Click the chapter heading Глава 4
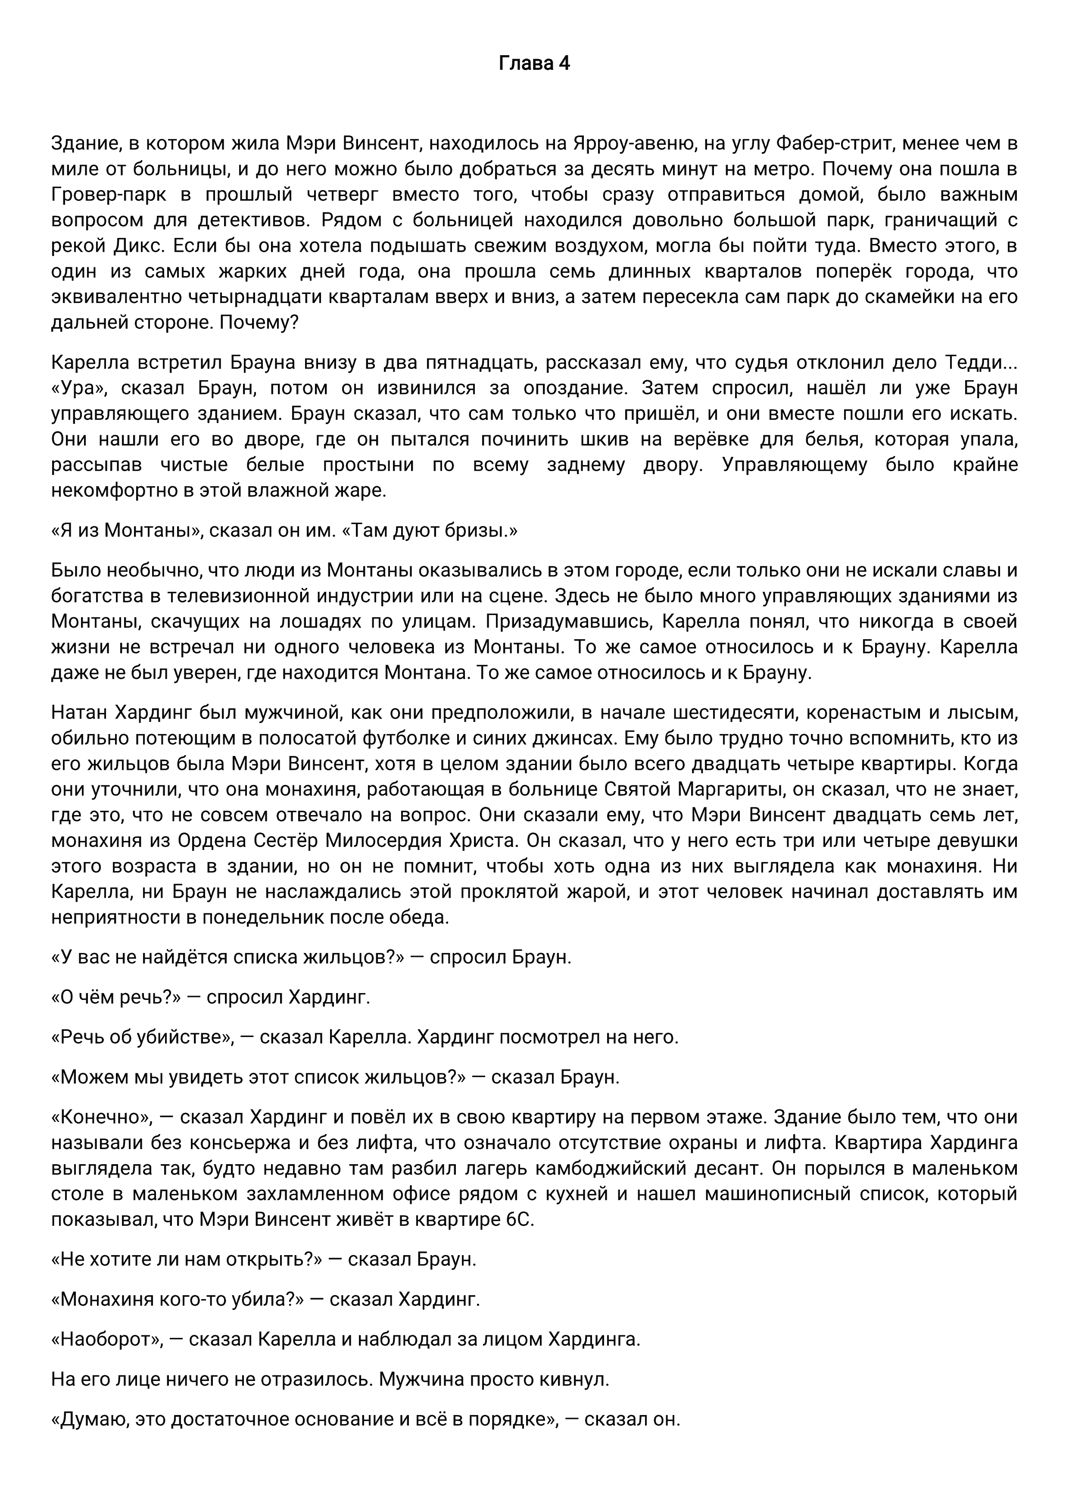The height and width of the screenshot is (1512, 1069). coord(534,63)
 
